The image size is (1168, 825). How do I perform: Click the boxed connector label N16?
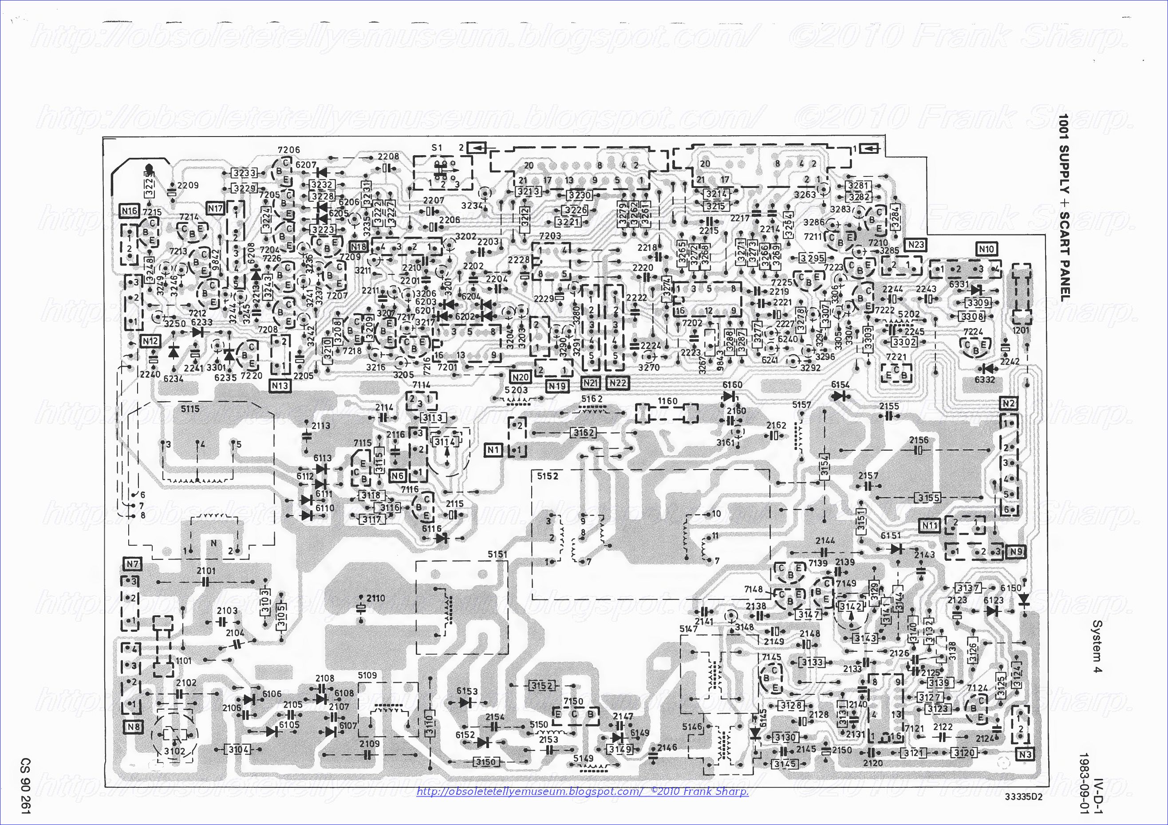coord(129,211)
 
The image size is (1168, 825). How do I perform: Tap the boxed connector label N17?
coord(216,208)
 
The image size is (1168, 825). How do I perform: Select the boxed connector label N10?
coord(986,249)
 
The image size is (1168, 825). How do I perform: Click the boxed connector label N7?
coord(133,564)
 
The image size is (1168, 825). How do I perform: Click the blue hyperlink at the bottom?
coord(583,791)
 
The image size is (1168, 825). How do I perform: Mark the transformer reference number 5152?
coord(547,476)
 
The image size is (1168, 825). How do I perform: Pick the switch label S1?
coord(437,148)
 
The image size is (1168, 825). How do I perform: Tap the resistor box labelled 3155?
coord(928,498)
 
